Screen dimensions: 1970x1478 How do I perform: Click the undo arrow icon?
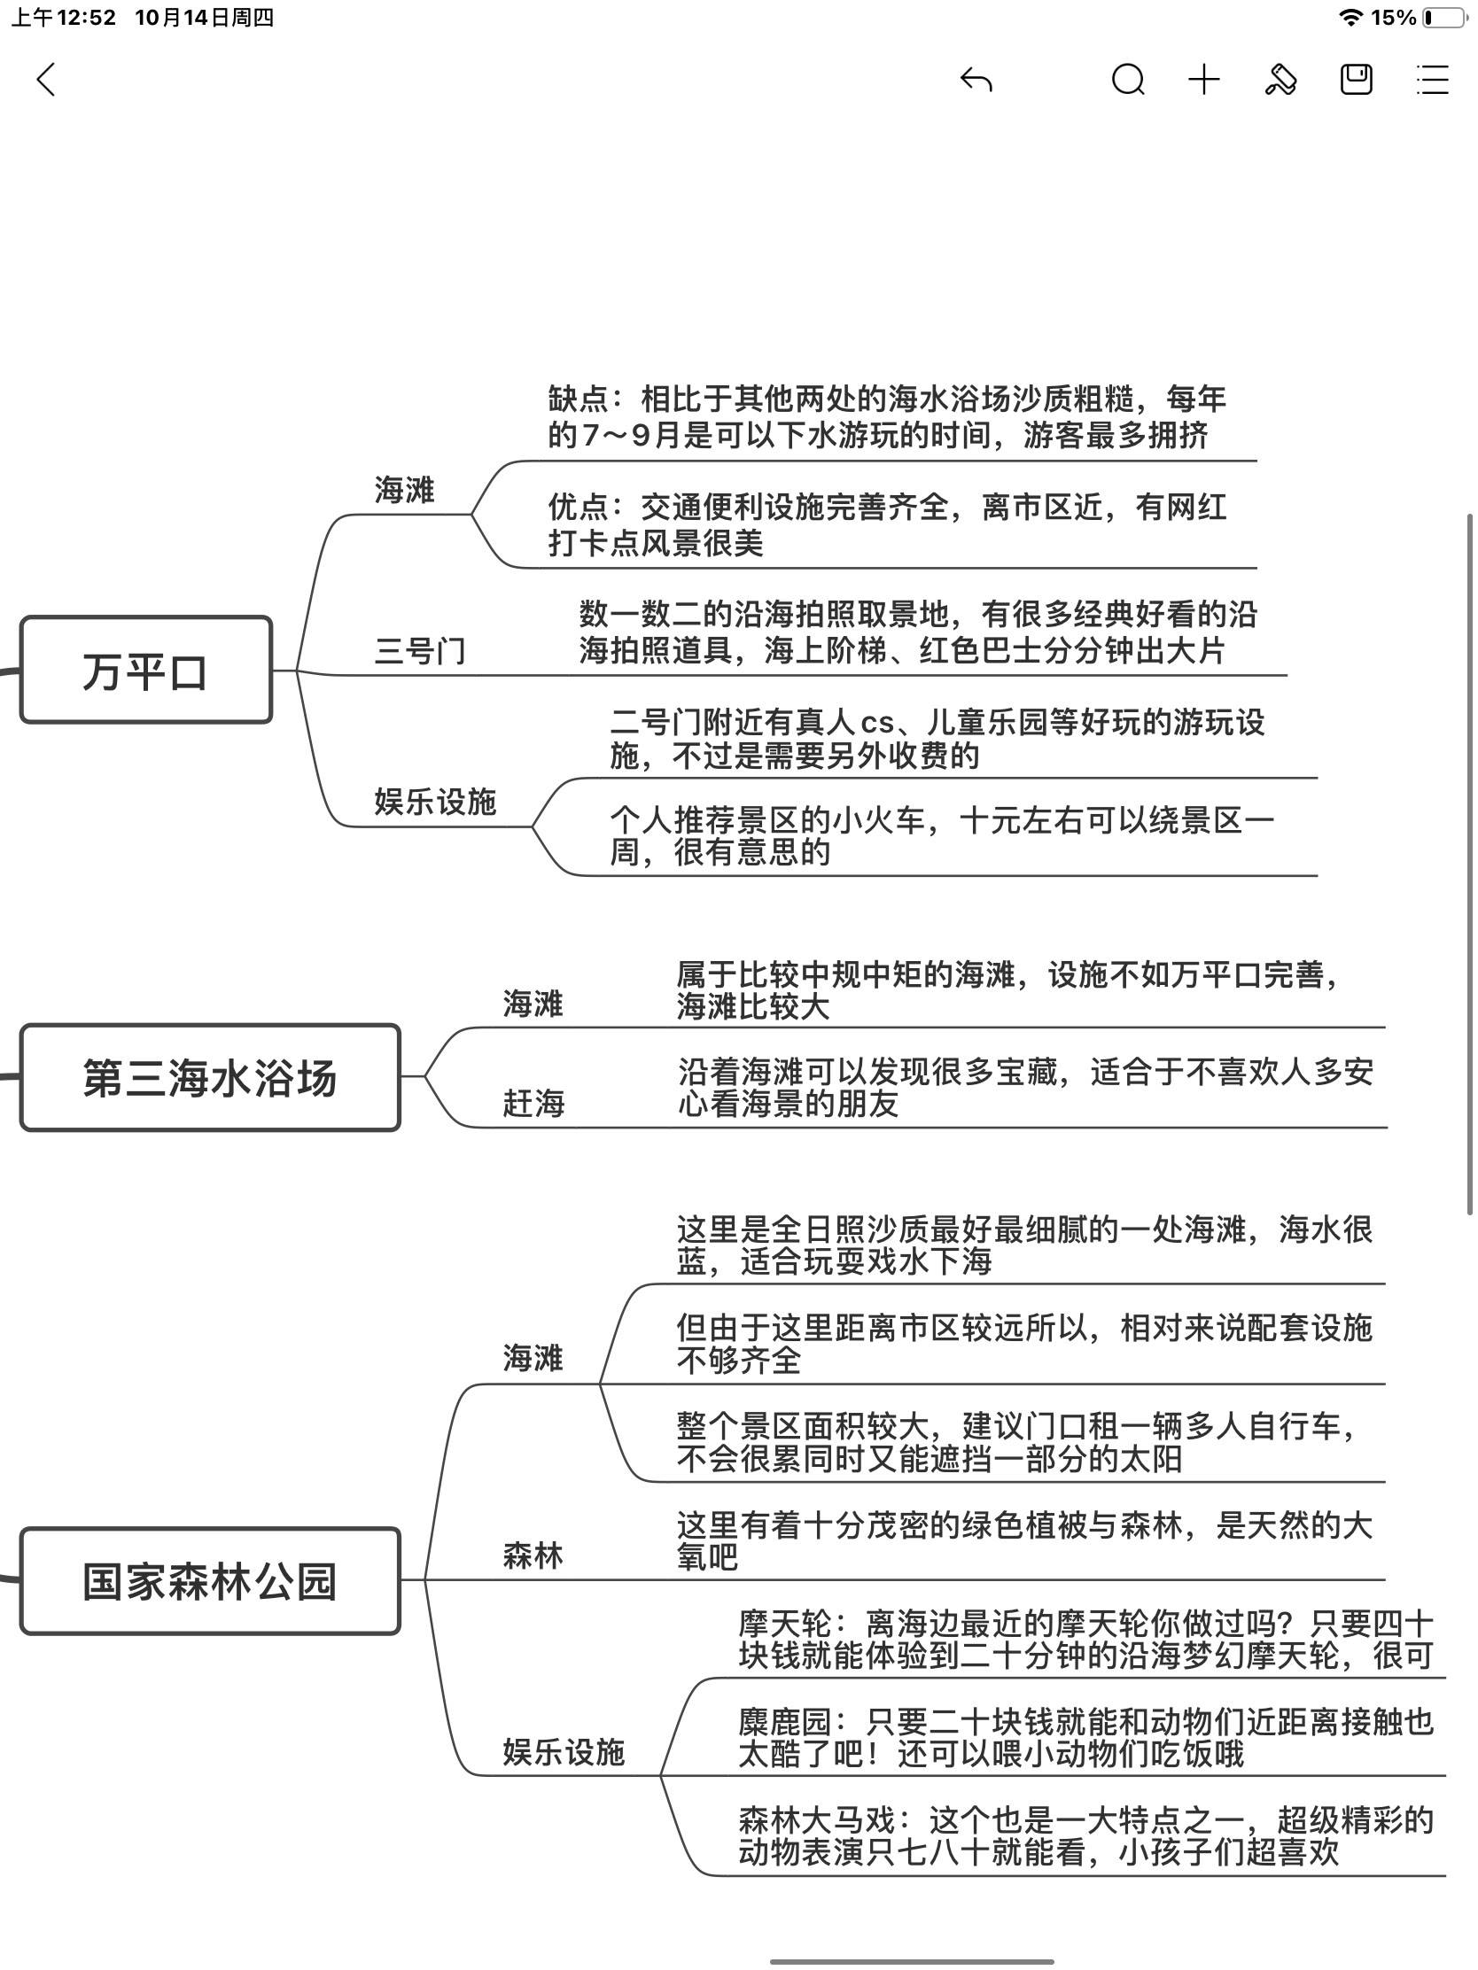point(976,80)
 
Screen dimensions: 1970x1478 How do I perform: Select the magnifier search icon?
point(1128,80)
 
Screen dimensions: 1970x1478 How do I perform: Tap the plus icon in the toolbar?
point(1203,80)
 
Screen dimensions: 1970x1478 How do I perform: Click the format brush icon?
point(1280,80)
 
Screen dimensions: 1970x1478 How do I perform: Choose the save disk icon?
point(1356,80)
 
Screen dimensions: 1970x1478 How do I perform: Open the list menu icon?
point(1433,80)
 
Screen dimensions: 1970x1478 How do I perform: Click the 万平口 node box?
point(145,671)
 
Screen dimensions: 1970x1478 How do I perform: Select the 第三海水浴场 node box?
point(209,1078)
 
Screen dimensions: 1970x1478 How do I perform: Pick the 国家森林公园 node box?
point(209,1581)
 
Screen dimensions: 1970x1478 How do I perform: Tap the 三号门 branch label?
point(420,651)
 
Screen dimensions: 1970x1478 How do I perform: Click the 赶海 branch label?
point(533,1104)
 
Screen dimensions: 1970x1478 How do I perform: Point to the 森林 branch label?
point(533,1555)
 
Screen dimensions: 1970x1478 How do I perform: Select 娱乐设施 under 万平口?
point(435,802)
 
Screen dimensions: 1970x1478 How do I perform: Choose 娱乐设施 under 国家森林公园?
point(563,1752)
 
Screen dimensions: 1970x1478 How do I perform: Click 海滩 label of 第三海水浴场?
point(533,1004)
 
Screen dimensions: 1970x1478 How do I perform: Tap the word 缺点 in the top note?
point(578,399)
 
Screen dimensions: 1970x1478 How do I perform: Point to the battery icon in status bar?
point(1445,18)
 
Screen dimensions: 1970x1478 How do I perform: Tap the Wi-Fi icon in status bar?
point(1351,18)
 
